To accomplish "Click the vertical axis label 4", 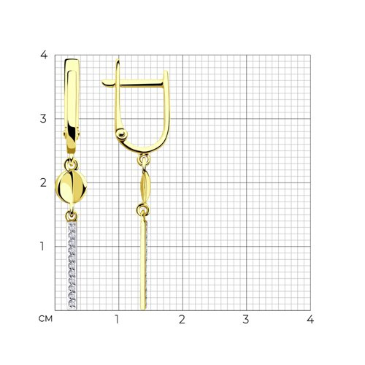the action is click(44, 55).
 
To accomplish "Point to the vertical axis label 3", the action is click(43, 119).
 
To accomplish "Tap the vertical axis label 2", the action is click(43, 182).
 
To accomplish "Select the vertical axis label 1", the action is click(42, 246).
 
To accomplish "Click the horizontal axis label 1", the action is click(117, 319).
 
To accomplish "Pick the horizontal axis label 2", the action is click(182, 319).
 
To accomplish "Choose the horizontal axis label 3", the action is click(246, 319).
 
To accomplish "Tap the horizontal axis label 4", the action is click(310, 319).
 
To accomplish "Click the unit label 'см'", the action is click(45, 319).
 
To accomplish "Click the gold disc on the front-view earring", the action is click(71, 187).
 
